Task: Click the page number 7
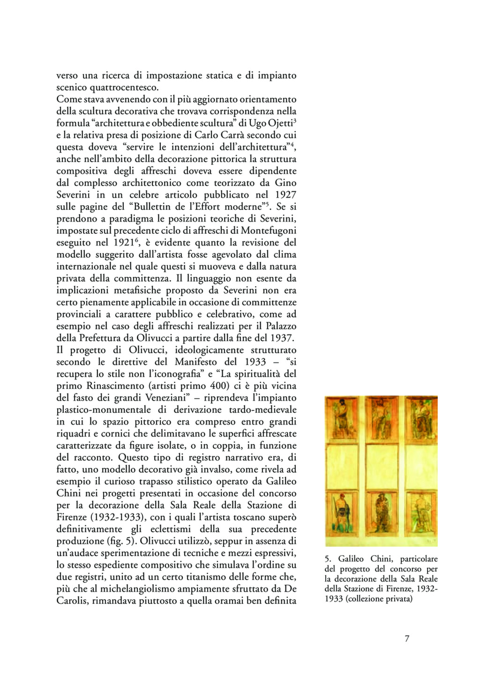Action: pos(407,639)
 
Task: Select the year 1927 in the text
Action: pos(285,194)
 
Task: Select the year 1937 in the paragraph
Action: pos(282,338)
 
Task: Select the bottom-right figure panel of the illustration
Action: pos(420,518)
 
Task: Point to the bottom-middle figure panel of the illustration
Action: pos(381,518)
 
